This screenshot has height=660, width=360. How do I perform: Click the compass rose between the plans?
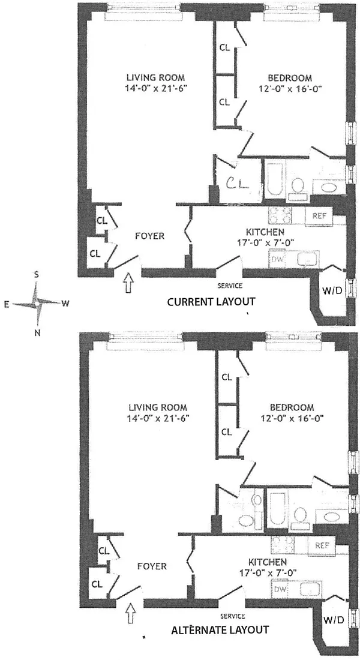[38, 304]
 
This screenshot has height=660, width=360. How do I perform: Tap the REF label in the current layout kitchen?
[318, 215]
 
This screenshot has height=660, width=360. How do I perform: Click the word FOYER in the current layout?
[149, 236]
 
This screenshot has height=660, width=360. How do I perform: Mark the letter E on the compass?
[7, 304]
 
